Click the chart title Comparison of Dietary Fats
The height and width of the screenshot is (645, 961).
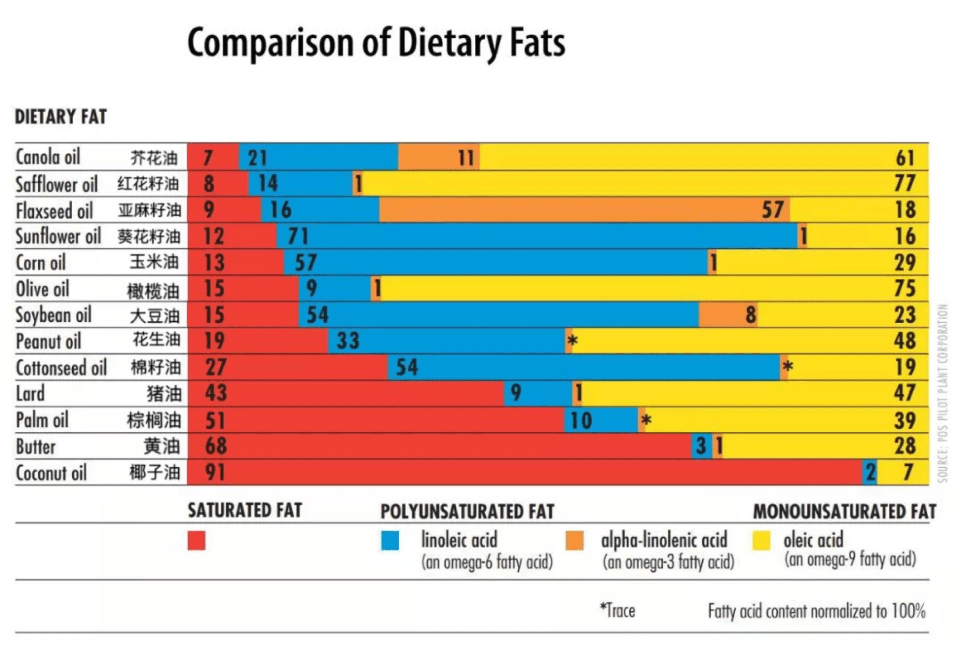click(x=376, y=43)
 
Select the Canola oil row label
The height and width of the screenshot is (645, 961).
click(x=48, y=157)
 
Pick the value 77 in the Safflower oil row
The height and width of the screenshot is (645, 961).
click(x=904, y=184)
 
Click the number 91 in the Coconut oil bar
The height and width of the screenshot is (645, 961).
click(x=215, y=472)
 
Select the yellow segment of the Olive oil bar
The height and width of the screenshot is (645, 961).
click(x=637, y=289)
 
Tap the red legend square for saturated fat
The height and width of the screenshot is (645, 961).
click(x=196, y=540)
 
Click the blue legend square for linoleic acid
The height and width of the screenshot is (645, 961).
click(x=390, y=540)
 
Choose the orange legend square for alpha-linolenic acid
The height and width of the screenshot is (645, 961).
click(x=574, y=540)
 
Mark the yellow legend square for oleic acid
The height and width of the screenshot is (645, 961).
click(x=761, y=540)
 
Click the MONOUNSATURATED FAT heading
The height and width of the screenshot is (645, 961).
click(x=844, y=511)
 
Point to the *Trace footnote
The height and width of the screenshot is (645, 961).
click(x=617, y=610)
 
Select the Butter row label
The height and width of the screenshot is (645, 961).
click(x=36, y=446)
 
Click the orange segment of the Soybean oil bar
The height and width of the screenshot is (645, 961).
click(x=728, y=315)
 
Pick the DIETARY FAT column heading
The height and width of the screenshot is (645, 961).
click(x=61, y=116)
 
